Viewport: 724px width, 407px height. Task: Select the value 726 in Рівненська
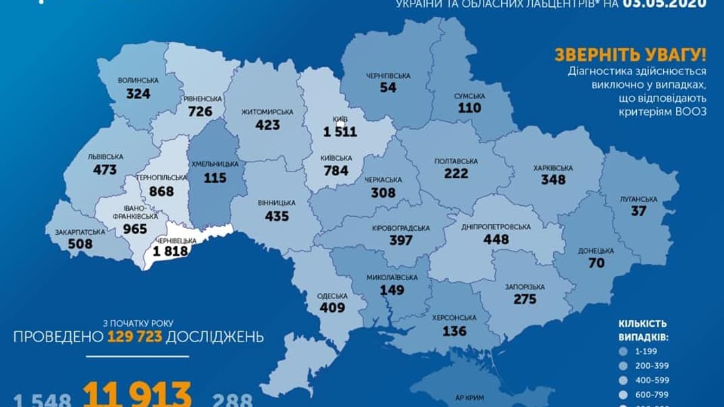[201, 111]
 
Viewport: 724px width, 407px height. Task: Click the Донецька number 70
[596, 263]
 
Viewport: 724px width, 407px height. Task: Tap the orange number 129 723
[134, 336]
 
